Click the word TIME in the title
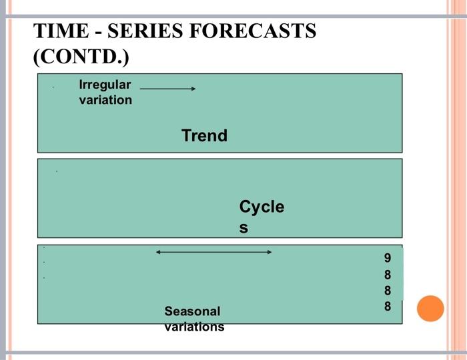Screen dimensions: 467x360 pos(61,31)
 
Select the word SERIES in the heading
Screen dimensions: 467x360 pos(145,31)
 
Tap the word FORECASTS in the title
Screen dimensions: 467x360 pos(253,31)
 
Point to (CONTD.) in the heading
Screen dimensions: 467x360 pos(81,56)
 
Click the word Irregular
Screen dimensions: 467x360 pos(105,85)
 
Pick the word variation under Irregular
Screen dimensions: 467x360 pos(105,100)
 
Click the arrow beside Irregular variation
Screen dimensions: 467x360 pos(167,89)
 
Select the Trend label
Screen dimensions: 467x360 pos(204,136)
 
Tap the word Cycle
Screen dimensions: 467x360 pos(262,207)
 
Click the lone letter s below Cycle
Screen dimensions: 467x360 pos(244,228)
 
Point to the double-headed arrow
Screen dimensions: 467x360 pos(214,252)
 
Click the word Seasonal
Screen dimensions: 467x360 pos(192,311)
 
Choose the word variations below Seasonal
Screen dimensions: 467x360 pos(194,327)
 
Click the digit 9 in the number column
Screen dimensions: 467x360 pos(387,258)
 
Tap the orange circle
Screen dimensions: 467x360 pos(430,309)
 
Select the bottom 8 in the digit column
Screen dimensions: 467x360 pos(388,306)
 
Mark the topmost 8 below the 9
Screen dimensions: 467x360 pos(388,275)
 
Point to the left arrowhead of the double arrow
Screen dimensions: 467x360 pos(158,252)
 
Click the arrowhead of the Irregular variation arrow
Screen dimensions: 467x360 pos(193,89)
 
